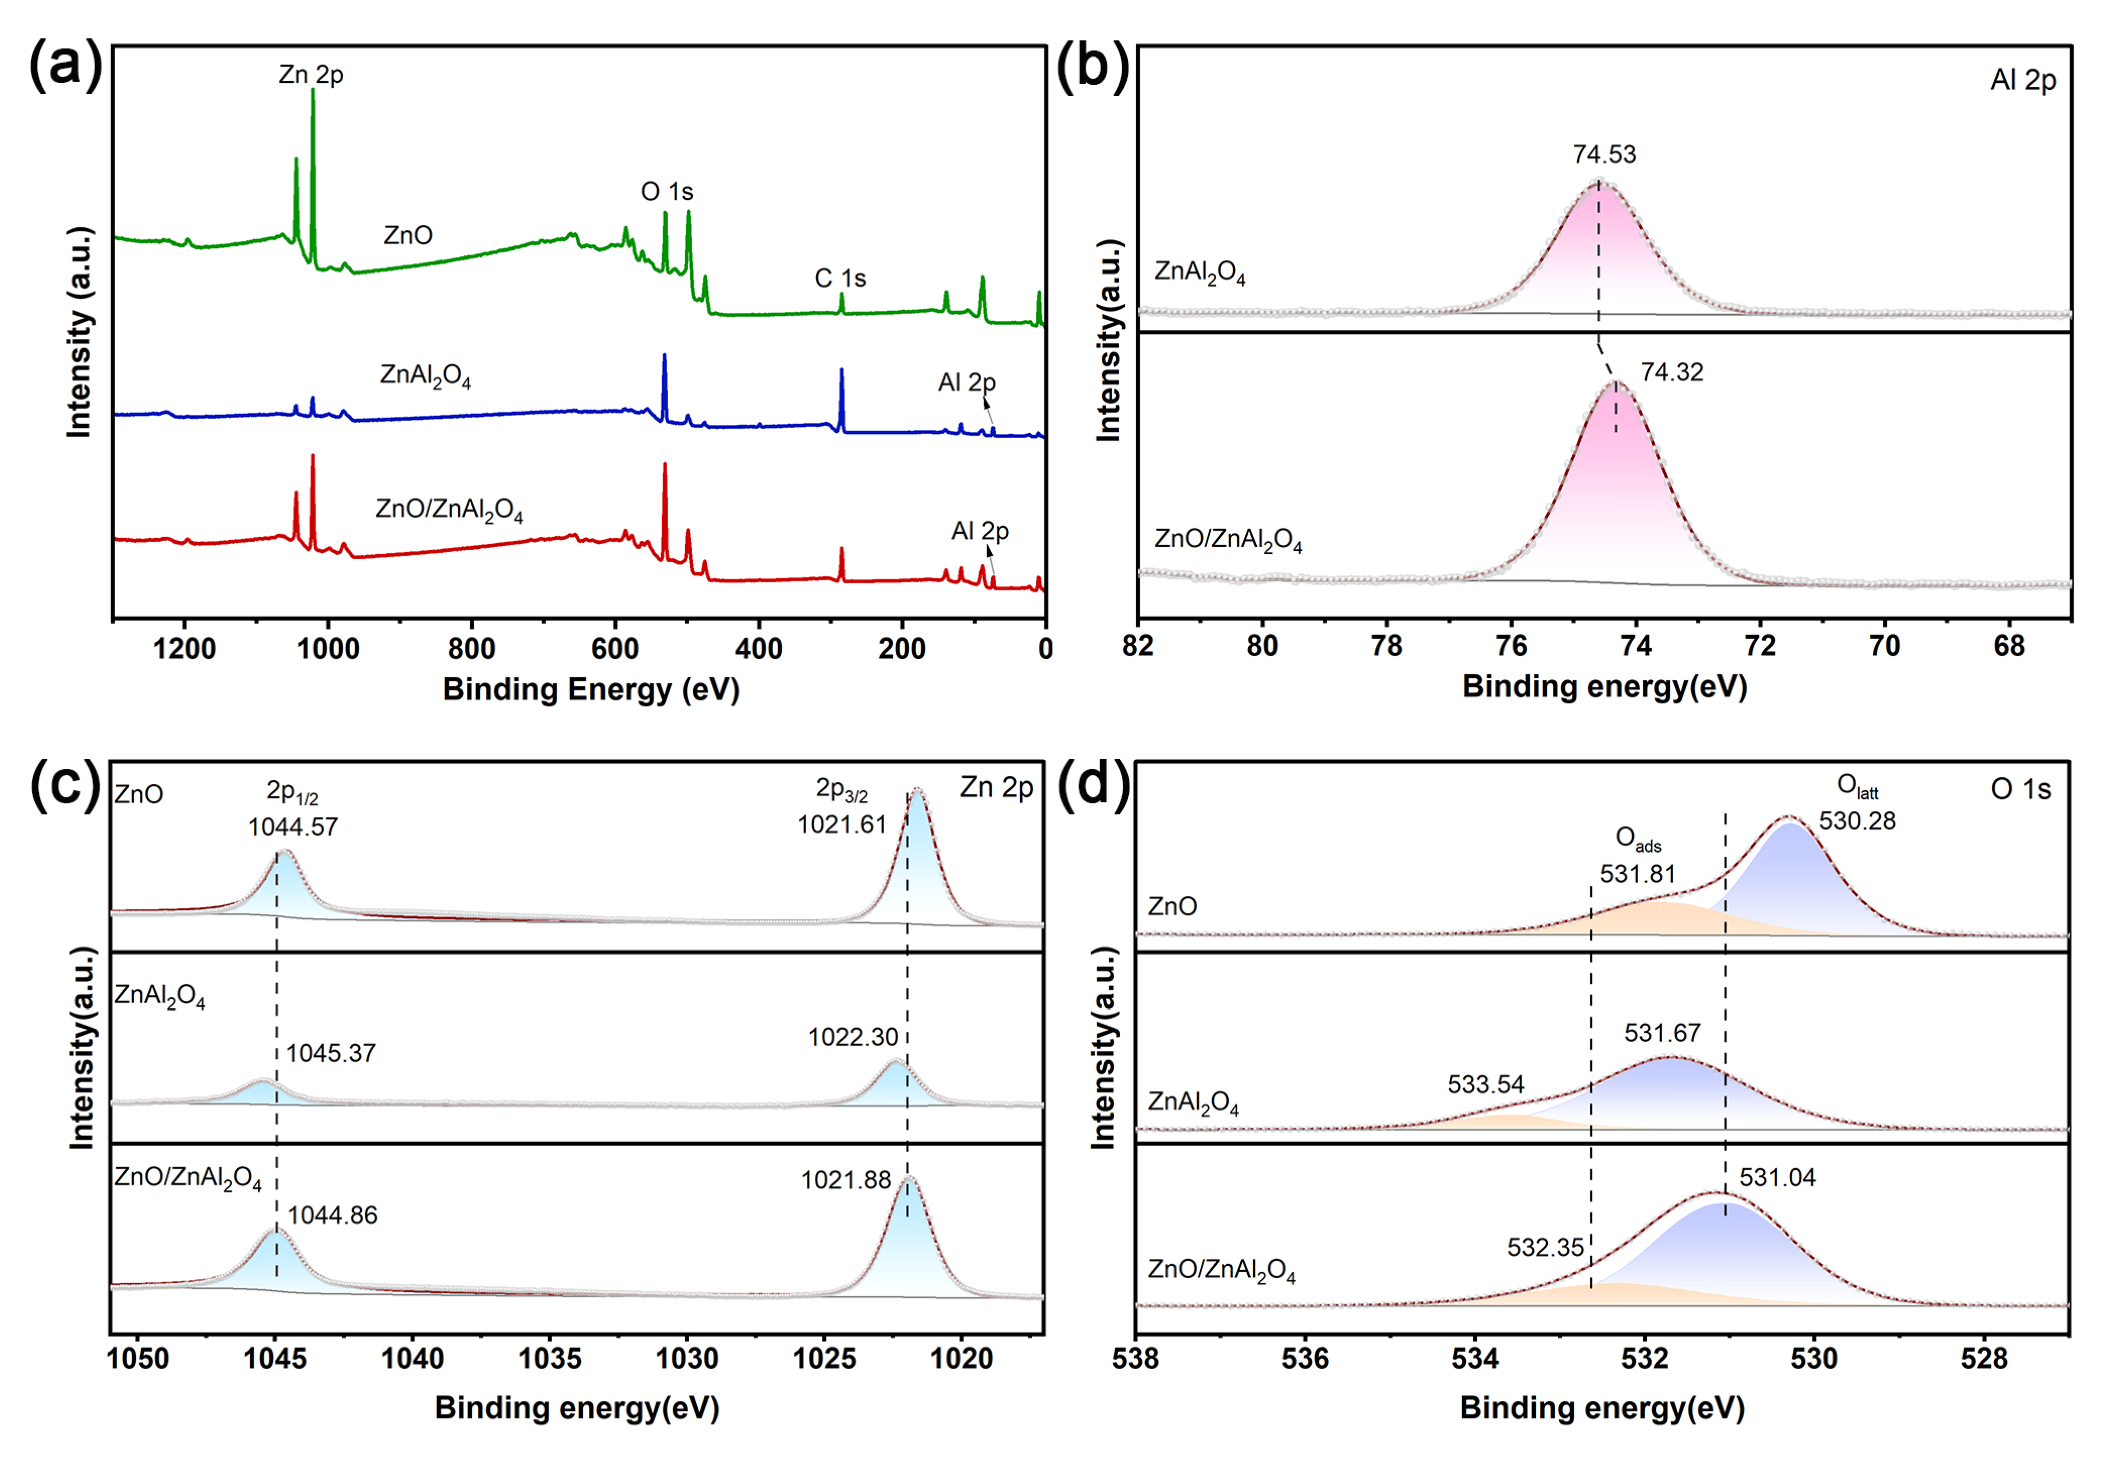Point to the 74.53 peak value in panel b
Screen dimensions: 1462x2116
[1604, 154]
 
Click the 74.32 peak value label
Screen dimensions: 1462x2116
[1671, 372]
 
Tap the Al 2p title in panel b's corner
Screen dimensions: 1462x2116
[2023, 81]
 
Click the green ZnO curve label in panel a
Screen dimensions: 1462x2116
[408, 236]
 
